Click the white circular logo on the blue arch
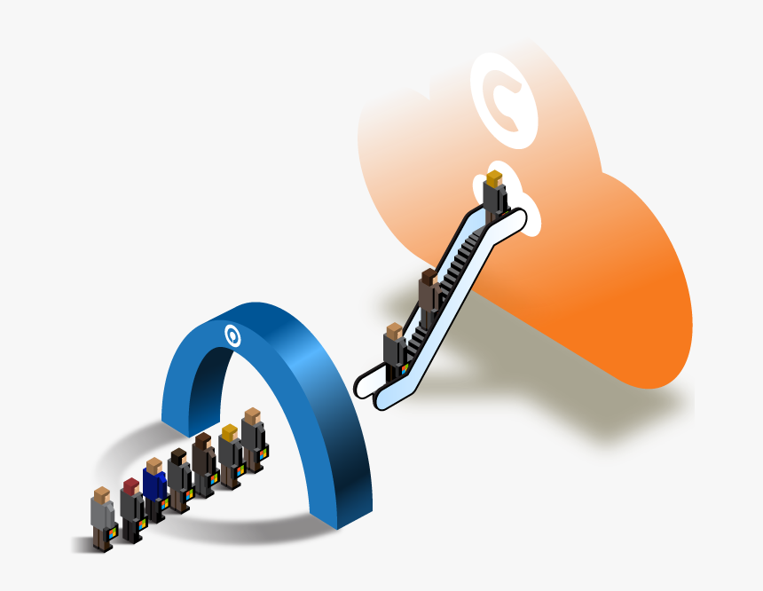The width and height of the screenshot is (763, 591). tap(232, 335)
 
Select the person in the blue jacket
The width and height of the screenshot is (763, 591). tap(154, 485)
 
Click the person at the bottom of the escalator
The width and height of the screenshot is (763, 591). tap(394, 350)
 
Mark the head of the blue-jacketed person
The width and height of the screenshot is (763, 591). tap(154, 466)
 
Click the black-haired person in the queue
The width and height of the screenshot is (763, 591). tap(179, 477)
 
